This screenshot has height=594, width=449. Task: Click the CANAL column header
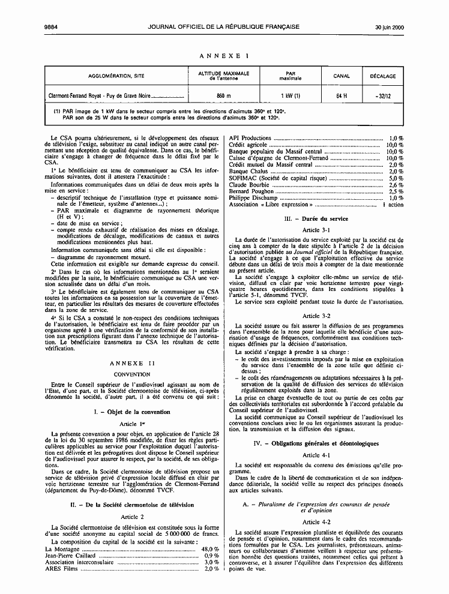(x=342, y=76)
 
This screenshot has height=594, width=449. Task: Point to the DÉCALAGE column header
(x=382, y=76)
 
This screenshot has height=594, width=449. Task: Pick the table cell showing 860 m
(x=223, y=95)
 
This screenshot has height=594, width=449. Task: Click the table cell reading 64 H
(x=342, y=95)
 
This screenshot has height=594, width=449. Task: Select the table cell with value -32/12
(x=382, y=95)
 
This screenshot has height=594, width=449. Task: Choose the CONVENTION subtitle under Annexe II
(x=132, y=374)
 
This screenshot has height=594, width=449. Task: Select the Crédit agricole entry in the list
(x=247, y=145)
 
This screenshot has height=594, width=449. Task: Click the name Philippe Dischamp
(x=253, y=198)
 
